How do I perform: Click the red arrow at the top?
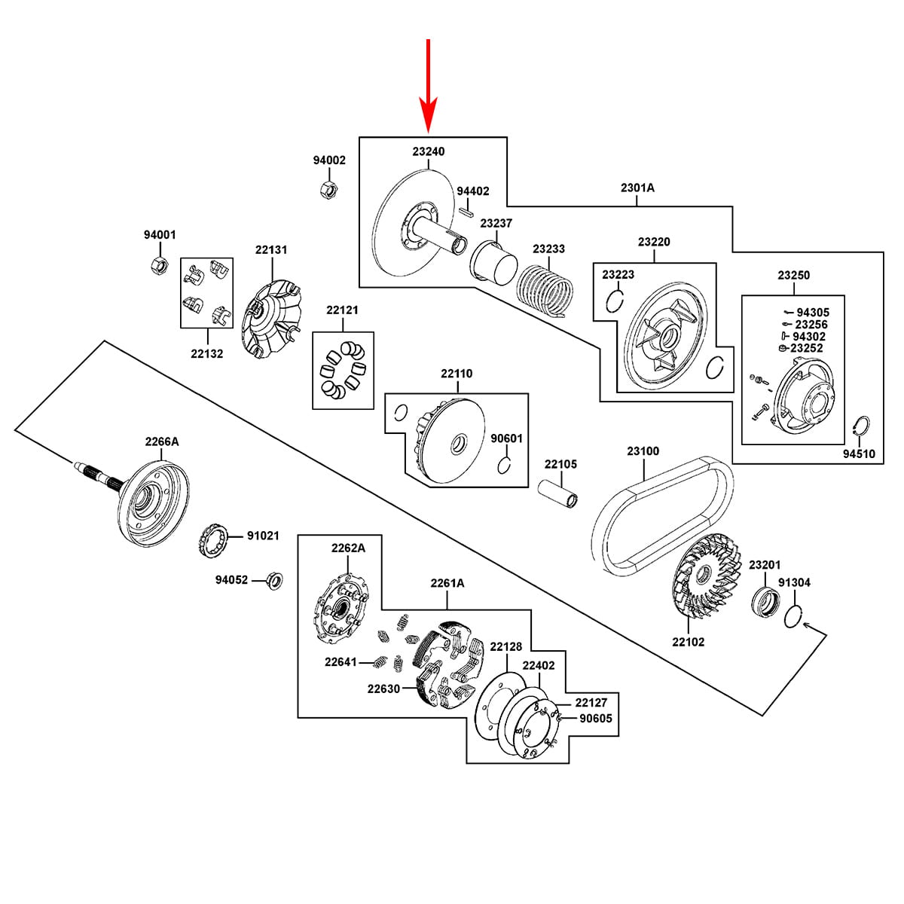pyautogui.click(x=429, y=85)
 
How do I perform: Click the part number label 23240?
pyautogui.click(x=429, y=151)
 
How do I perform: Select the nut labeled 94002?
pyautogui.click(x=328, y=190)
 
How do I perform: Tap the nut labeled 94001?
pyautogui.click(x=160, y=265)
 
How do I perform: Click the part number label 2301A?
pyautogui.click(x=637, y=188)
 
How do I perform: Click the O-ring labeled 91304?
pyautogui.click(x=794, y=616)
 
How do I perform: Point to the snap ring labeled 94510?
pyautogui.click(x=860, y=427)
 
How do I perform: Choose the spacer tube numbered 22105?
pyautogui.click(x=557, y=493)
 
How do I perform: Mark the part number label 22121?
pyautogui.click(x=343, y=310)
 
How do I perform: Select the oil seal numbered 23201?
pyautogui.click(x=765, y=602)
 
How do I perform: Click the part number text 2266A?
pyautogui.click(x=162, y=441)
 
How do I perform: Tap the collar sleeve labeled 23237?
pyautogui.click(x=493, y=263)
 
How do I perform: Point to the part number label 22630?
pyautogui.click(x=383, y=689)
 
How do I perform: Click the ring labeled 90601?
pyautogui.click(x=504, y=466)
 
